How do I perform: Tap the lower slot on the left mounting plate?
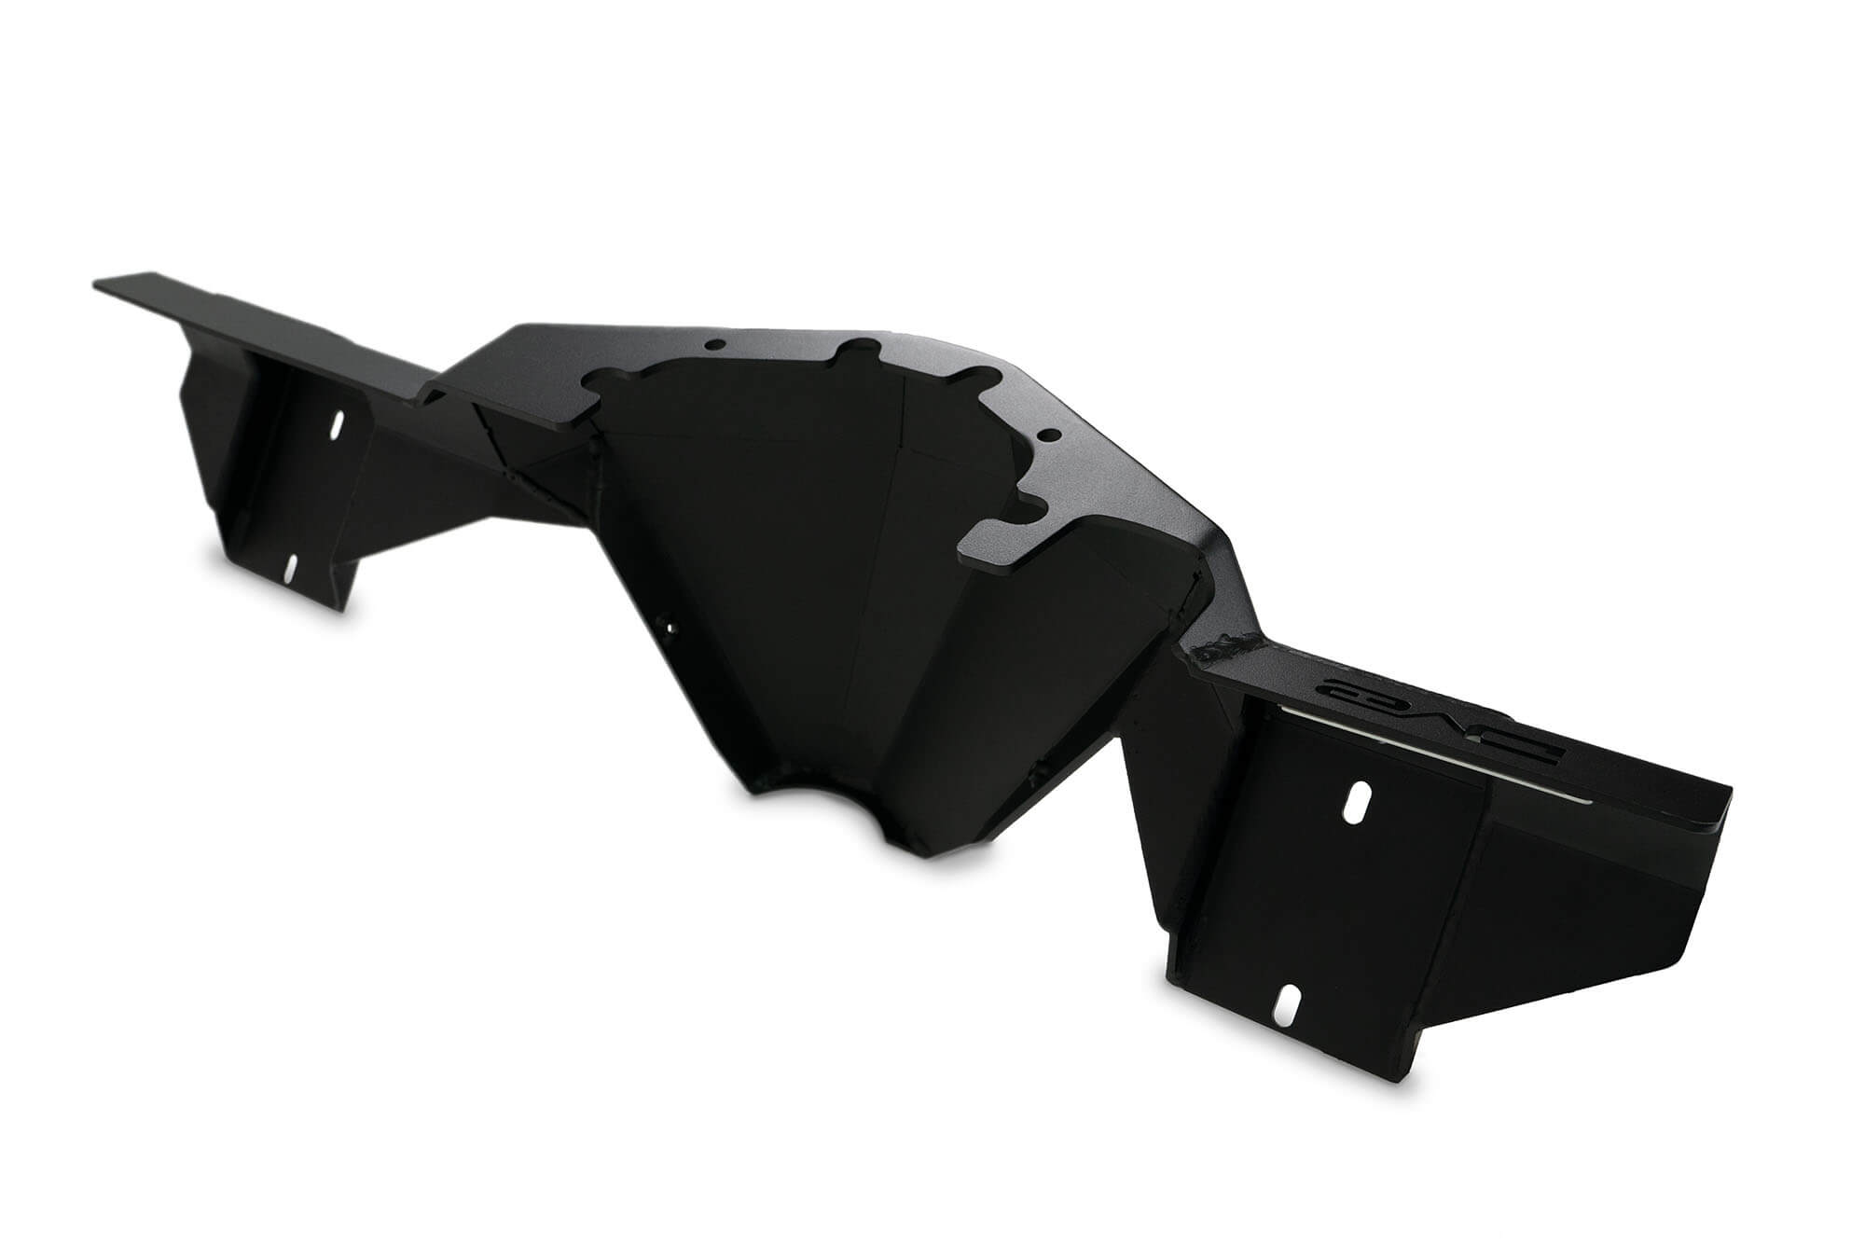tap(291, 566)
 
